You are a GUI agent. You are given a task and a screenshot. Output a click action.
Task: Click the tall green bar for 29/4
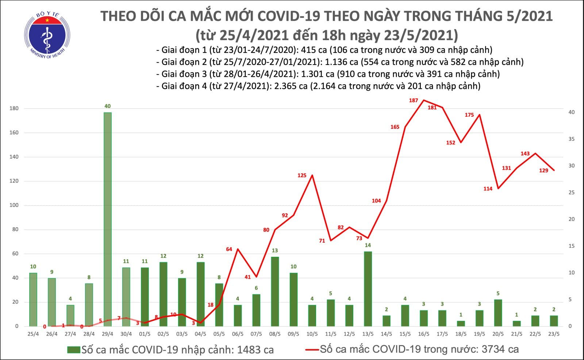click(x=107, y=219)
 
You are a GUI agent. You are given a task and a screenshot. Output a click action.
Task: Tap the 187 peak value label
click(x=413, y=100)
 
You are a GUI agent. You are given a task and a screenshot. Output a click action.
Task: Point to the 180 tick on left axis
click(x=14, y=109)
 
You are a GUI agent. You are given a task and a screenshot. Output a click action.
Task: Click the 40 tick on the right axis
click(x=572, y=112)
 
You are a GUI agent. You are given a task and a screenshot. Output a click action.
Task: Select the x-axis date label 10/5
click(x=312, y=334)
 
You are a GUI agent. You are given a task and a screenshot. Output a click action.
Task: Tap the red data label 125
click(x=302, y=175)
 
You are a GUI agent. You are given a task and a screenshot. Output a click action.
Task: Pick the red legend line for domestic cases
click(x=312, y=350)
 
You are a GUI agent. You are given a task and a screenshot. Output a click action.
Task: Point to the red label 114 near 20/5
click(x=488, y=189)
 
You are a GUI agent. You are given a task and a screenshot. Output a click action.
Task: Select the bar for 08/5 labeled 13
click(x=275, y=291)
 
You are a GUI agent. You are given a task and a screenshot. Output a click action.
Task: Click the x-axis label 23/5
click(x=554, y=334)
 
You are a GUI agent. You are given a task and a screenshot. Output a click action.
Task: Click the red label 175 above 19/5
click(x=469, y=115)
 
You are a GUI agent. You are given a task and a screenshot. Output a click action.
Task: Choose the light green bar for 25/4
click(x=33, y=299)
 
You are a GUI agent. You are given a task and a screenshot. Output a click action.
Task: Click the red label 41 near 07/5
click(x=247, y=277)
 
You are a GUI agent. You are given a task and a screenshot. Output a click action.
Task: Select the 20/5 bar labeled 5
click(x=498, y=313)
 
